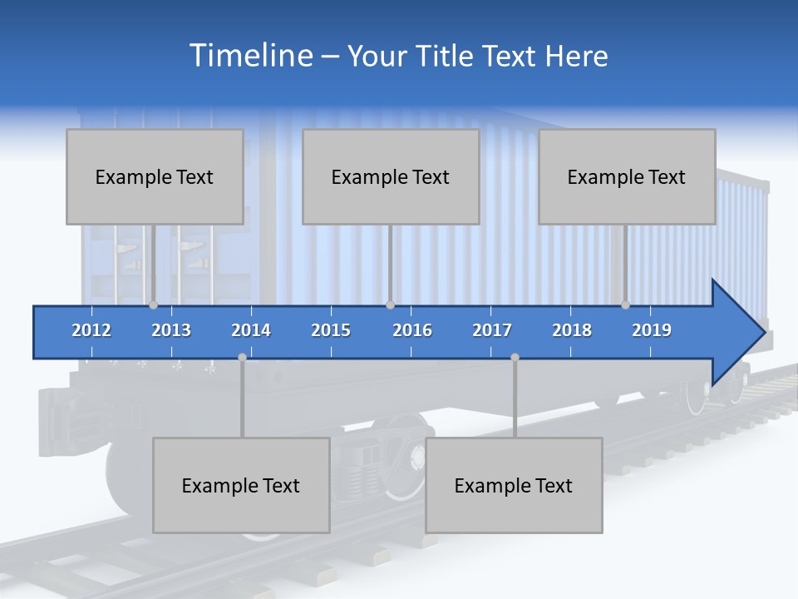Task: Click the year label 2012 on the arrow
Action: [x=91, y=330]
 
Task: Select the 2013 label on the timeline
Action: [x=171, y=330]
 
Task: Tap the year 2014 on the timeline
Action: [x=251, y=330]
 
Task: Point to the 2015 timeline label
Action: [x=331, y=330]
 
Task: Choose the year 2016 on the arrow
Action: [x=412, y=330]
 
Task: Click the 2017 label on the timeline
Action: [x=492, y=330]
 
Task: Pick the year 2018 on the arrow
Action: [x=572, y=330]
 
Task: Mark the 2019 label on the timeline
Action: [x=652, y=330]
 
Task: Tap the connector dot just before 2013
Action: [x=153, y=305]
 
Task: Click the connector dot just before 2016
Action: [x=390, y=305]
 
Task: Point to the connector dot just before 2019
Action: [x=625, y=305]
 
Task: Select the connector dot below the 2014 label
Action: [x=242, y=357]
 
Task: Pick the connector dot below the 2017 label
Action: [x=515, y=357]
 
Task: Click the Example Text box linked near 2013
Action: [x=155, y=177]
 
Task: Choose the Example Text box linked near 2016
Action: [x=391, y=177]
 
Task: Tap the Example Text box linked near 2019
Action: [x=627, y=177]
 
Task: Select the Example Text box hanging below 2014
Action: [x=241, y=486]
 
